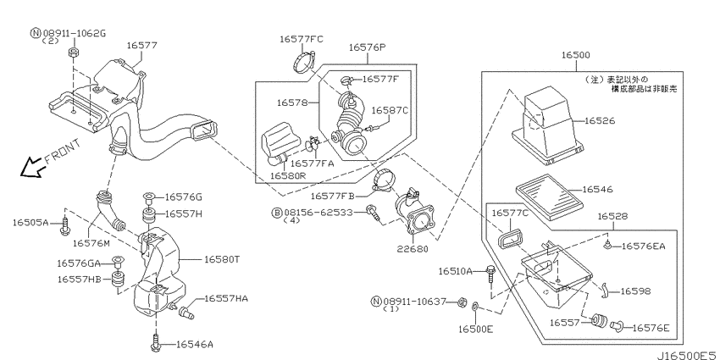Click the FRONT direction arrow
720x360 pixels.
point(31,168)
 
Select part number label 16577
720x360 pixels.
point(142,46)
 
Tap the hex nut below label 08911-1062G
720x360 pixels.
point(73,53)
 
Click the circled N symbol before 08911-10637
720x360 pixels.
point(376,302)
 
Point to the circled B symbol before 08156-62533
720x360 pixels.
point(277,213)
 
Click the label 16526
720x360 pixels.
point(600,121)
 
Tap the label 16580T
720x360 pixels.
point(222,259)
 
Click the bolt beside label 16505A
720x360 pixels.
point(64,226)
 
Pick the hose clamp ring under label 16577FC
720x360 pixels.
point(302,63)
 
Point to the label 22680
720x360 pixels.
point(413,249)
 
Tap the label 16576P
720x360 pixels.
point(367,47)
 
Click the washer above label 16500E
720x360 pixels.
point(475,306)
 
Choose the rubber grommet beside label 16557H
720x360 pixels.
point(148,214)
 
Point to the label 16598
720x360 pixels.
point(635,291)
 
